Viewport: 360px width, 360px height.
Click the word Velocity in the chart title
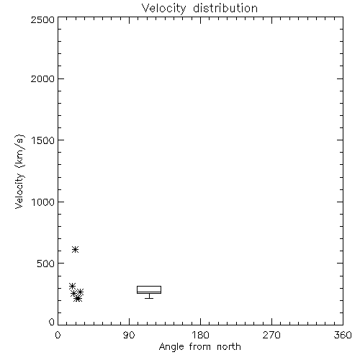[163, 9]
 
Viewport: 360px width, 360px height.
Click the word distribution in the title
[225, 8]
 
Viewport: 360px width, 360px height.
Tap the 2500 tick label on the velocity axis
[42, 19]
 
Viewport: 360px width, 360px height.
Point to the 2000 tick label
[42, 78]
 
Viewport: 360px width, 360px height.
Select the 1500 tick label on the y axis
[43, 140]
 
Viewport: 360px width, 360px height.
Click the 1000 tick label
[43, 202]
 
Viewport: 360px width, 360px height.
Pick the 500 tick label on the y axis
[46, 264]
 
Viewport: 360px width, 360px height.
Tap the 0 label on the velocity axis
[52, 322]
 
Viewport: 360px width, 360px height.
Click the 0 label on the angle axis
[58, 335]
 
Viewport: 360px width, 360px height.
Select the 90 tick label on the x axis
[129, 335]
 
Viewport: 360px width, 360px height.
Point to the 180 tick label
[200, 335]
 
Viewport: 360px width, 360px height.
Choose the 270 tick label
[271, 335]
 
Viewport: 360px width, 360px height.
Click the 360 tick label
[343, 335]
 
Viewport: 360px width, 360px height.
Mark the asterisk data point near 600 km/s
[76, 250]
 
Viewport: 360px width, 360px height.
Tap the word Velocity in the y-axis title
[19, 191]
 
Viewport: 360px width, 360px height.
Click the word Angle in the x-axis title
[171, 347]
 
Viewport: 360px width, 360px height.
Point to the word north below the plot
[229, 347]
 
